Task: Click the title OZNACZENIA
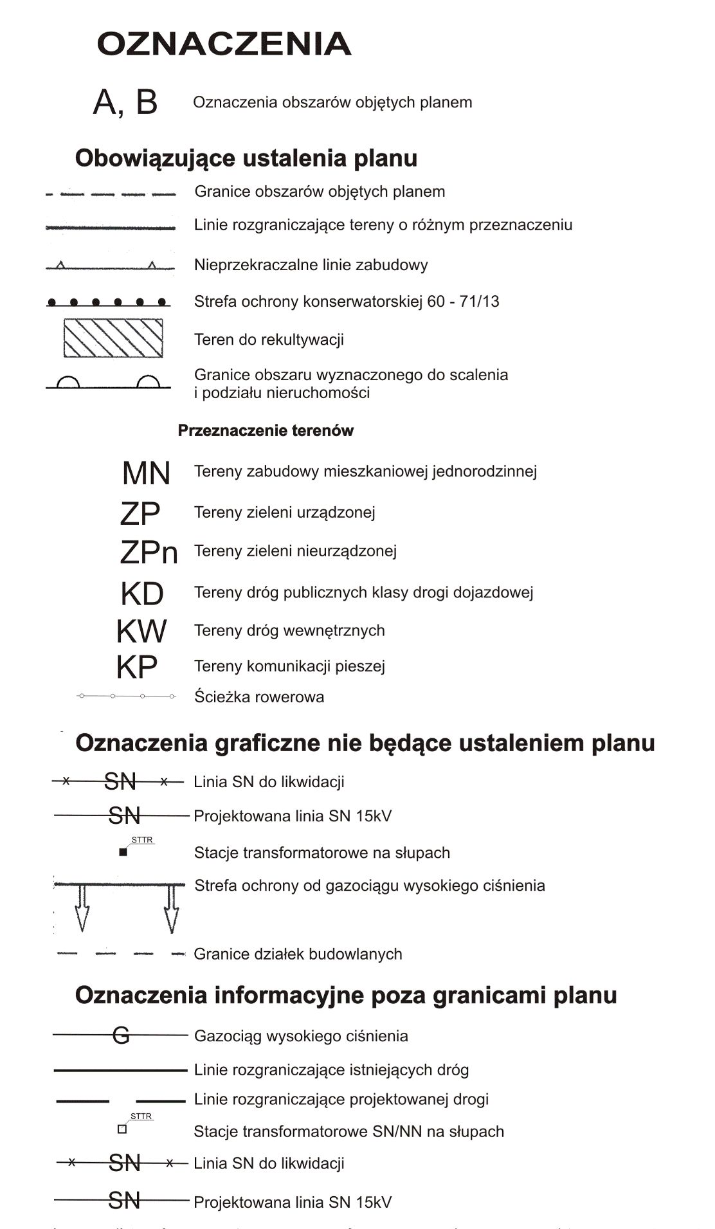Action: (x=224, y=44)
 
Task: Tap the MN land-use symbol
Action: (x=146, y=473)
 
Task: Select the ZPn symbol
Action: (x=149, y=552)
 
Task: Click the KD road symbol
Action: (x=142, y=594)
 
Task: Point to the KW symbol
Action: (x=141, y=632)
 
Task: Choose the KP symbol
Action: (x=137, y=668)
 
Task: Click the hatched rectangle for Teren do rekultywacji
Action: (x=113, y=338)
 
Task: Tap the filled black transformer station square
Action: (x=123, y=853)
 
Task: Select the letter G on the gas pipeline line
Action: (x=121, y=1035)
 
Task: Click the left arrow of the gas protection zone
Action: (x=82, y=908)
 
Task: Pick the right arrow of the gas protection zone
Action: (x=171, y=908)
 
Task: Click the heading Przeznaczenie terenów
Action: (x=266, y=431)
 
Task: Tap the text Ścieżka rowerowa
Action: (x=259, y=697)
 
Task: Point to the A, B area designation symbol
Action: (x=125, y=102)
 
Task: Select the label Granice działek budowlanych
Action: (x=298, y=954)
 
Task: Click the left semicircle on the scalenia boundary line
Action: (x=68, y=383)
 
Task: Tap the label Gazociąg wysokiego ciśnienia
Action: (x=301, y=1036)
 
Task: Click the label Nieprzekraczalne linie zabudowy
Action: (x=311, y=265)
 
